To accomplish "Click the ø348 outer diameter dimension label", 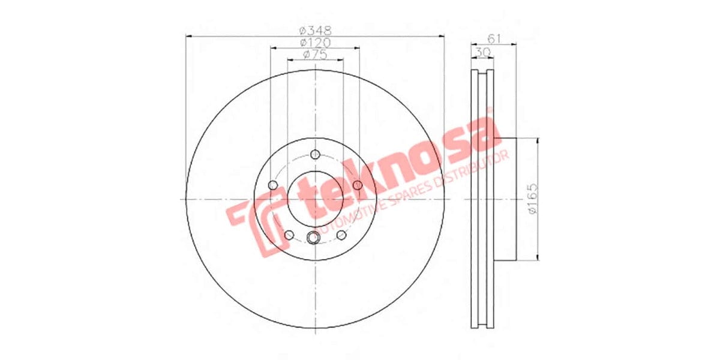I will coord(315,30).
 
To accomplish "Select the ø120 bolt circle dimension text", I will coord(315,43).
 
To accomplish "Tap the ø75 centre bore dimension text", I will coord(315,55).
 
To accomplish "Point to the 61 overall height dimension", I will coord(494,38).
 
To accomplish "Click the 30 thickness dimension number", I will coord(481,53).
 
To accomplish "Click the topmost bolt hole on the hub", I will coord(316,154).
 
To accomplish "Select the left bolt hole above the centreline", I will coord(274,184).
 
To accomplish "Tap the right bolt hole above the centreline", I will coord(358,184).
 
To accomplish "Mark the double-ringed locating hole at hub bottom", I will coord(313,238).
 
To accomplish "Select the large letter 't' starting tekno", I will coord(315,198).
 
